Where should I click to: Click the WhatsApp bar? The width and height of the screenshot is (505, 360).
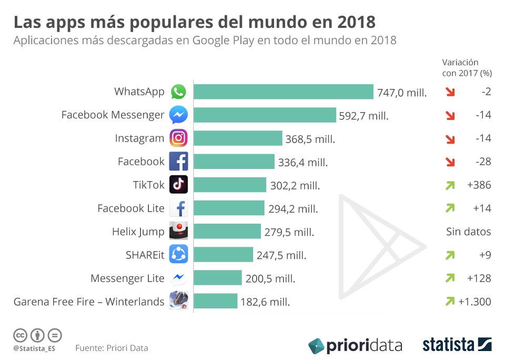(284, 92)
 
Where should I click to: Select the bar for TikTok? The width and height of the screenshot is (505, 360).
(230, 185)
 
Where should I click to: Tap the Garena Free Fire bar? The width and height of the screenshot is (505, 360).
(216, 301)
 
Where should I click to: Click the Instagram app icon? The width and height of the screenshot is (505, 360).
(178, 138)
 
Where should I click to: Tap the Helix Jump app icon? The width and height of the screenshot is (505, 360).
(178, 231)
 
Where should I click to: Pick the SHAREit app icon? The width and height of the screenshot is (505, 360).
(178, 255)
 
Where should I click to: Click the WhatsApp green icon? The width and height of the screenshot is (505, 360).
(178, 92)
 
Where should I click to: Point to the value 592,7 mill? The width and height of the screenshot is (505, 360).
(364, 116)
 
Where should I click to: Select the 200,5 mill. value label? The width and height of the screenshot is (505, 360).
(270, 278)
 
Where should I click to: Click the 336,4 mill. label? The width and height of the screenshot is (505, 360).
(303, 163)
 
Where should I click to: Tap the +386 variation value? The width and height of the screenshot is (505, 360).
(479, 185)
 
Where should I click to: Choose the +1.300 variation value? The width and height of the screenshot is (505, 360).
(474, 302)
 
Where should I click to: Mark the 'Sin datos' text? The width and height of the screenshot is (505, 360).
(468, 232)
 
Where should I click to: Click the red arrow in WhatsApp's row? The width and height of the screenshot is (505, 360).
(450, 92)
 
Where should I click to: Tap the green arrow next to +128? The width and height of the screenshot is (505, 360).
(450, 278)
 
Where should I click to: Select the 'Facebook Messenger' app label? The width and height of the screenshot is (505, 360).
(113, 115)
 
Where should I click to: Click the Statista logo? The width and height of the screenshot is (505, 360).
(457, 345)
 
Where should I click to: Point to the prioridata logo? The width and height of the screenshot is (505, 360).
(355, 345)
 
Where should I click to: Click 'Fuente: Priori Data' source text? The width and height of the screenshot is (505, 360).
(112, 348)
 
